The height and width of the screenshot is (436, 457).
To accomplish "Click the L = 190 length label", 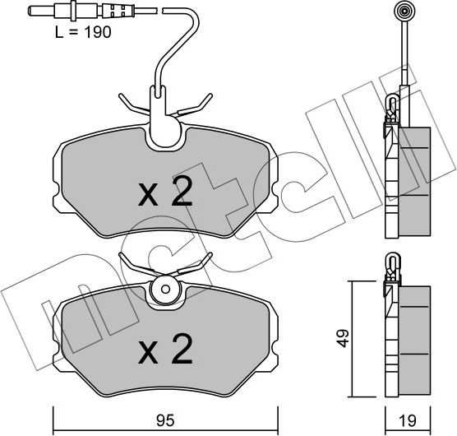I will click(x=81, y=33).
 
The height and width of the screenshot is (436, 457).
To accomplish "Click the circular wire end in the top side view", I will click(x=404, y=12).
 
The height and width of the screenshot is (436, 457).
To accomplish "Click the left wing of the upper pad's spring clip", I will click(x=132, y=104).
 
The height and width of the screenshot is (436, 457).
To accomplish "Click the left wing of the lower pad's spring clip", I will click(x=132, y=264).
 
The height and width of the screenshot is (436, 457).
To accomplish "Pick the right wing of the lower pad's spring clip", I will click(x=196, y=264).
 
